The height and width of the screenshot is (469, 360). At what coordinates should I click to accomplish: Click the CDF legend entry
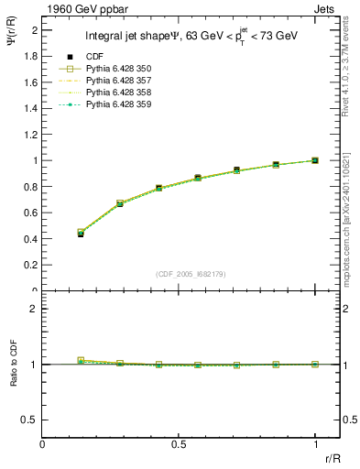tap(92, 58)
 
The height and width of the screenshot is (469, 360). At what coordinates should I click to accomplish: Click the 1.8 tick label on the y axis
tap(31, 56)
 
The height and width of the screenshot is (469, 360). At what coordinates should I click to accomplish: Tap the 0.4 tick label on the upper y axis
tap(31, 239)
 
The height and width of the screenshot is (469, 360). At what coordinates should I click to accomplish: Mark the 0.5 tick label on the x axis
tap(179, 444)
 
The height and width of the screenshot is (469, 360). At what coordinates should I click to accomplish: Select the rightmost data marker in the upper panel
tap(315, 160)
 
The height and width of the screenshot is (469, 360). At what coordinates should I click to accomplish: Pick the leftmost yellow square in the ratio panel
tap(81, 361)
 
